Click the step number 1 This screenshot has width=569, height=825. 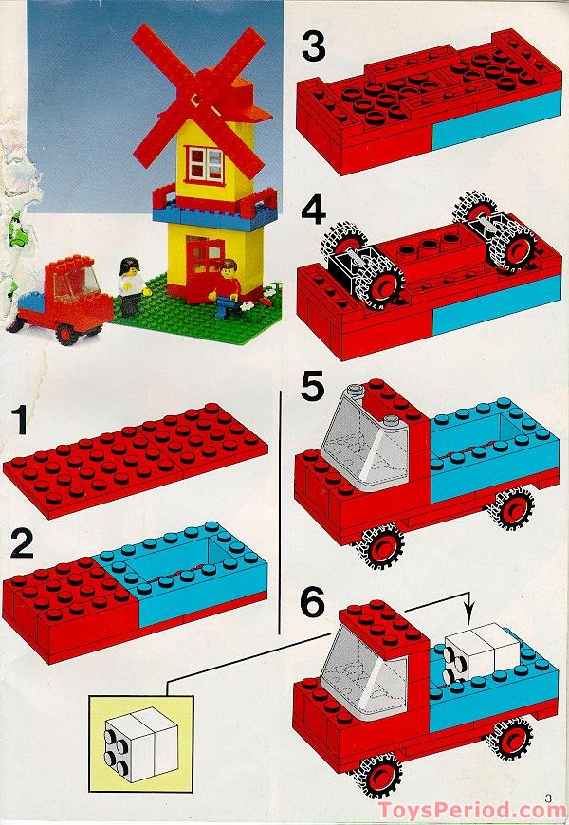[20, 420]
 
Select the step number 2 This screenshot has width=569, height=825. [22, 544]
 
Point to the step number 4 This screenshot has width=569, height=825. [314, 212]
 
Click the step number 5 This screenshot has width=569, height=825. [313, 386]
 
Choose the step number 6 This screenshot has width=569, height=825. [313, 602]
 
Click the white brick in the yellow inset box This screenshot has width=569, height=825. [141, 743]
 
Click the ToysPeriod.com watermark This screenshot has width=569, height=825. [471, 810]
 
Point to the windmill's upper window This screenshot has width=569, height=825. [205, 164]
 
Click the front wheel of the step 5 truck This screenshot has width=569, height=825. [380, 546]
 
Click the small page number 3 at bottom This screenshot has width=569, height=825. [548, 798]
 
